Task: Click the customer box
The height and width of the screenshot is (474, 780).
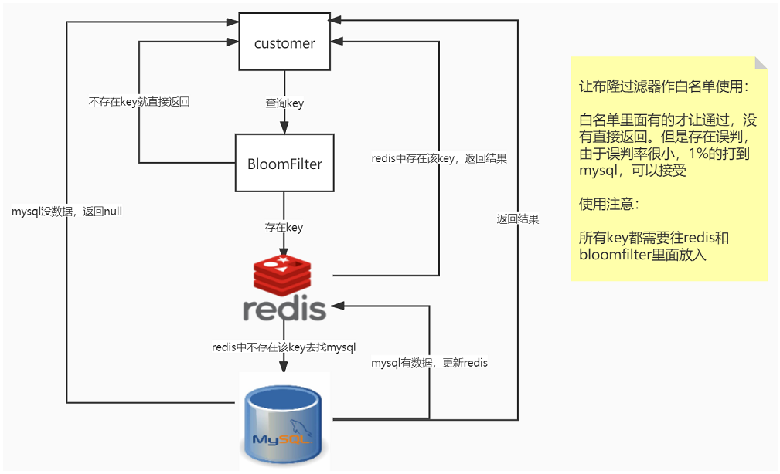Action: [x=284, y=42]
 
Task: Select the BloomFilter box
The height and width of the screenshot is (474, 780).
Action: [x=284, y=163]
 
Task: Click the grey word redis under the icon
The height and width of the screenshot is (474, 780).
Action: [x=284, y=309]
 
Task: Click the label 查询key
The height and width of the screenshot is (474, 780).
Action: [x=284, y=103]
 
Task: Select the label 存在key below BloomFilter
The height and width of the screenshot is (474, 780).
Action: [x=284, y=227]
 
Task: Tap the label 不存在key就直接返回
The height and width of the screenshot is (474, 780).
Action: [x=139, y=102]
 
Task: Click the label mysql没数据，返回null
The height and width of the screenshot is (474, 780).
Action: [x=66, y=212]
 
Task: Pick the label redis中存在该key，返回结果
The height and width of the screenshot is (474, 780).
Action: [x=439, y=158]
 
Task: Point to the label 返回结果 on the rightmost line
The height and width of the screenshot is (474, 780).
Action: [x=518, y=219]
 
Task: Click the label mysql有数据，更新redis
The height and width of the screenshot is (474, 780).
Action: [x=429, y=363]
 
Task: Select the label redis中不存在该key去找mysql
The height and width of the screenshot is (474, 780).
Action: [x=284, y=347]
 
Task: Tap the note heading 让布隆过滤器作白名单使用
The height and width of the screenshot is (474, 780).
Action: [x=663, y=86]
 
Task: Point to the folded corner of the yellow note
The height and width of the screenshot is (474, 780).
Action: [x=761, y=63]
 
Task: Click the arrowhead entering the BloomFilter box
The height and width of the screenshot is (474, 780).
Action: [x=284, y=127]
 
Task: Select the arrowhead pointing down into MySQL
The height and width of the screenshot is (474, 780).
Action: [x=283, y=366]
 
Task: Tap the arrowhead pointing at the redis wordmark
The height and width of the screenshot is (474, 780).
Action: [x=337, y=306]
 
